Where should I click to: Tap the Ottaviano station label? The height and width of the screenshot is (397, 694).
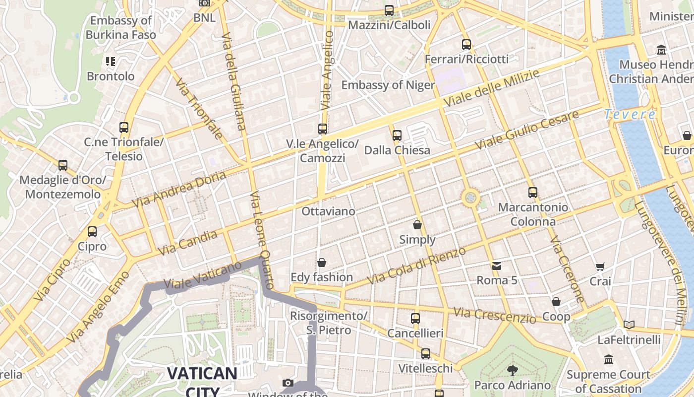(x=328, y=211)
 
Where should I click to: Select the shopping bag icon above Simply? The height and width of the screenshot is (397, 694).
(x=417, y=225)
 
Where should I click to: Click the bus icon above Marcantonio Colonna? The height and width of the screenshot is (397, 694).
(x=533, y=193)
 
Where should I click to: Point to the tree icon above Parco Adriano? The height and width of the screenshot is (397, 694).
(x=512, y=370)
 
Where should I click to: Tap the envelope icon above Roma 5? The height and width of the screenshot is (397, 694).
(x=497, y=266)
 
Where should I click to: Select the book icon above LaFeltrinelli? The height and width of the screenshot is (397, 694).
(x=629, y=325)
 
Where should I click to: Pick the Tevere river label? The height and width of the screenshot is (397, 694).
(x=630, y=115)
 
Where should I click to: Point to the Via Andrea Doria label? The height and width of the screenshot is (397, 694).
(x=179, y=190)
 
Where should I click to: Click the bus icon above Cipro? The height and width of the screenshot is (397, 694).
(x=92, y=232)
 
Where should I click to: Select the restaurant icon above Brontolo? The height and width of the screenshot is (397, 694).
(x=111, y=62)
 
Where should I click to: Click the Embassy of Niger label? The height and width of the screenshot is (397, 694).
(x=388, y=85)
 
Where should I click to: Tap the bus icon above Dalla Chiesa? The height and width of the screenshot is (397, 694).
(x=397, y=135)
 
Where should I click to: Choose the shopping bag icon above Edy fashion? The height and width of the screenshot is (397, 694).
(x=322, y=263)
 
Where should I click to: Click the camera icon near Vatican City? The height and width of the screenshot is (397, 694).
(x=288, y=383)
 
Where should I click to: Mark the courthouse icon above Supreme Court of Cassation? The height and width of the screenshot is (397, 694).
(x=608, y=359)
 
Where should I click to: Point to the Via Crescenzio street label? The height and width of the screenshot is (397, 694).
(x=494, y=315)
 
